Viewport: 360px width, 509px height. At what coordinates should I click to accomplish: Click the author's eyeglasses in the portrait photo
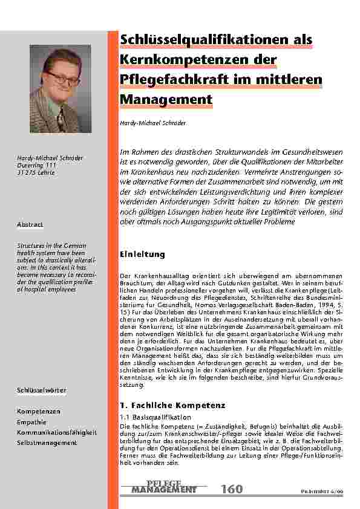(63, 77)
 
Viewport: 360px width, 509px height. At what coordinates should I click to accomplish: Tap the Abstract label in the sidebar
(30, 224)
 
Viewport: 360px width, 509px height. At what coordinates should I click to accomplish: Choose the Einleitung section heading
(139, 253)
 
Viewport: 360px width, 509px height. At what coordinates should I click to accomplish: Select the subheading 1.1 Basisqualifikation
(156, 417)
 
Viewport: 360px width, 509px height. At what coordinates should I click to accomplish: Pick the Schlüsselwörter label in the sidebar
(41, 391)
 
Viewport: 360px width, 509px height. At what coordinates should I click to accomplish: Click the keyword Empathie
(31, 422)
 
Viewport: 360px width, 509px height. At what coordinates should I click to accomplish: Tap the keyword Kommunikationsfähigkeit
(57, 433)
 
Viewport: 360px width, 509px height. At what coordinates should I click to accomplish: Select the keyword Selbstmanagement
(47, 443)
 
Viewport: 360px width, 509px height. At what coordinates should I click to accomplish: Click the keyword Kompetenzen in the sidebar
(38, 411)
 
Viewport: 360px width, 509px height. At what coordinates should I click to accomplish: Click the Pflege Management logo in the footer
(163, 487)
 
